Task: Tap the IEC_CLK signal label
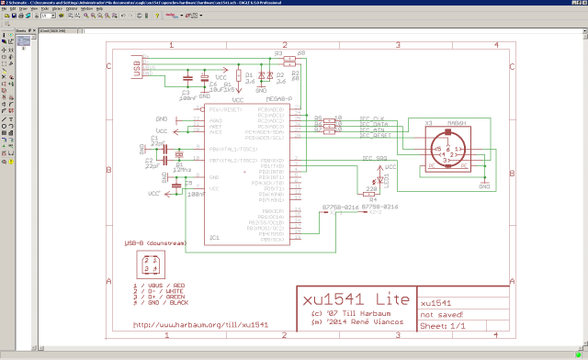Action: click(x=373, y=118)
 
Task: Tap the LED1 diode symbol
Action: click(x=385, y=178)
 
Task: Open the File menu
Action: click(x=6, y=9)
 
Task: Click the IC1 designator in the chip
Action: click(x=215, y=237)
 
